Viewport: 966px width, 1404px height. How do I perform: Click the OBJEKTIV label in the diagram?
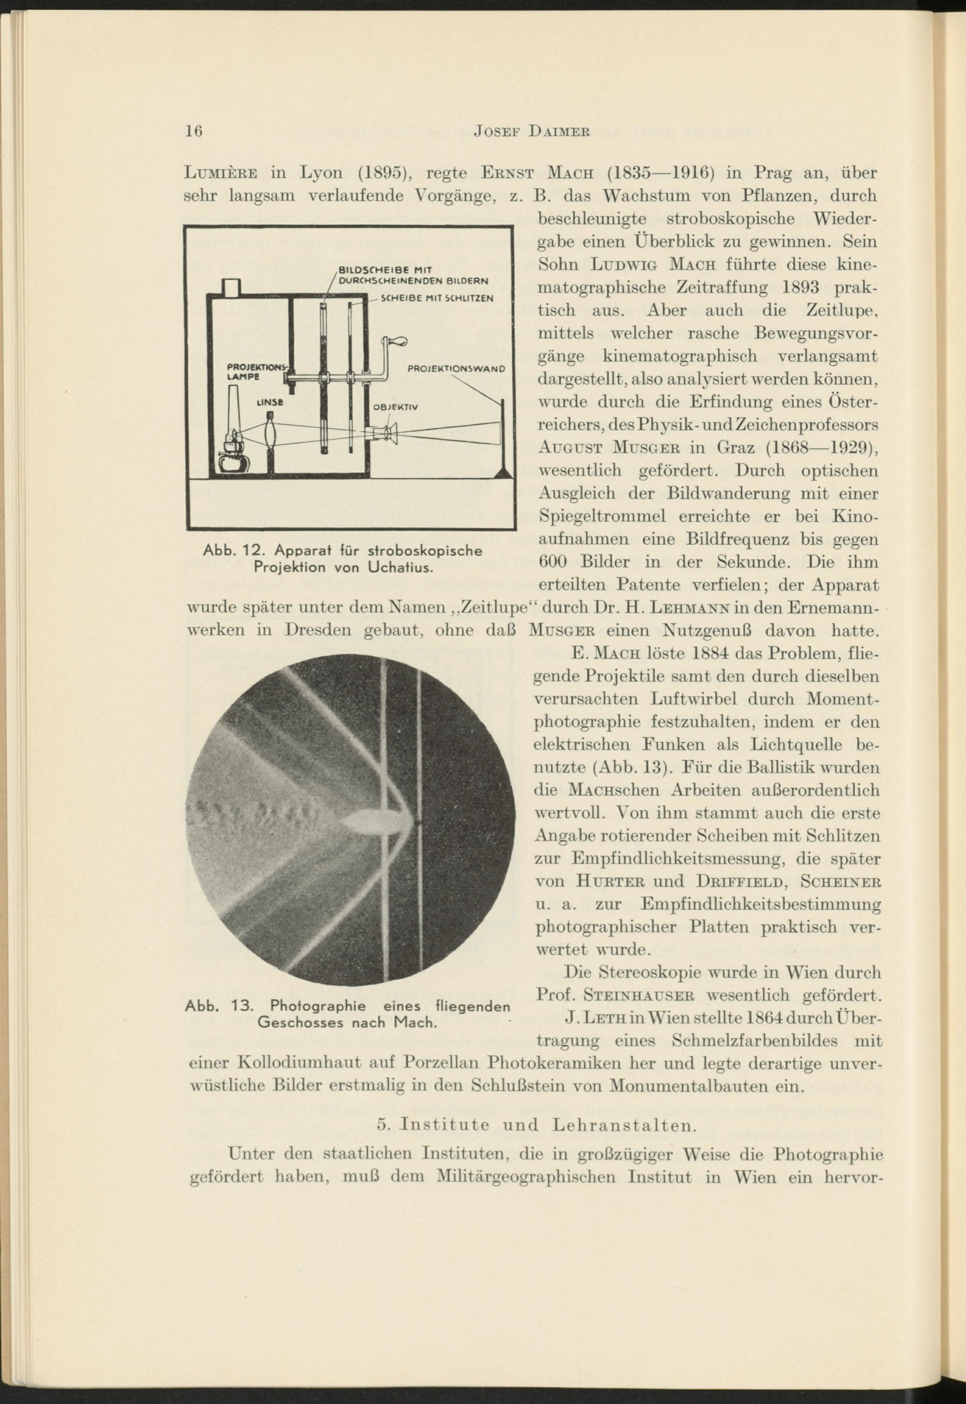point(395,407)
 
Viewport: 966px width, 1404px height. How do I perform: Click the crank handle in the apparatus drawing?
point(395,343)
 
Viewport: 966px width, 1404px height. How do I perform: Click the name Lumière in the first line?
point(221,174)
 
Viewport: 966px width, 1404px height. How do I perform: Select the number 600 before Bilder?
point(553,562)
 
